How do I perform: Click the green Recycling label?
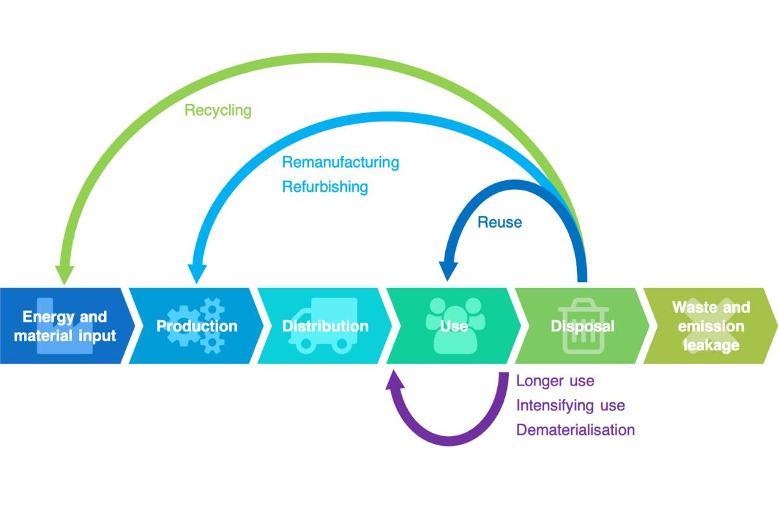[x=217, y=110]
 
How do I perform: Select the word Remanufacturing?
[x=340, y=162]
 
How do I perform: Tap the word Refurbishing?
[x=325, y=187]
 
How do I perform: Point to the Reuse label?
[x=499, y=222]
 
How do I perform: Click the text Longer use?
[x=555, y=381]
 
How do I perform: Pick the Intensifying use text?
[x=570, y=406]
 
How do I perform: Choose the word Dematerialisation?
[x=575, y=430]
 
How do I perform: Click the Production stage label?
[x=197, y=326]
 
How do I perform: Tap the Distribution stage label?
[x=325, y=326]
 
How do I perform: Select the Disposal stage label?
[x=582, y=326]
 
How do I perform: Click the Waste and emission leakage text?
[x=711, y=326]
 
